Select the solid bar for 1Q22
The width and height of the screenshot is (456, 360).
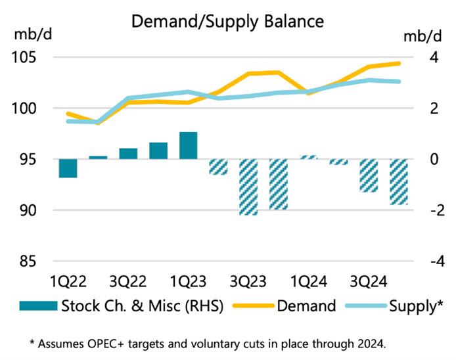[x=68, y=168]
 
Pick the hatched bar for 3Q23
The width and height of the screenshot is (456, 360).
[x=248, y=187]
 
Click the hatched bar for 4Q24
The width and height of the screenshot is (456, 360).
[x=399, y=181]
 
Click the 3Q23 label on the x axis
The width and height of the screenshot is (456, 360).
[x=248, y=282]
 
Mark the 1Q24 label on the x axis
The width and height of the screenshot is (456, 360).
[x=309, y=282]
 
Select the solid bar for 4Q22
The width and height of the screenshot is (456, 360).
[x=158, y=150]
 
